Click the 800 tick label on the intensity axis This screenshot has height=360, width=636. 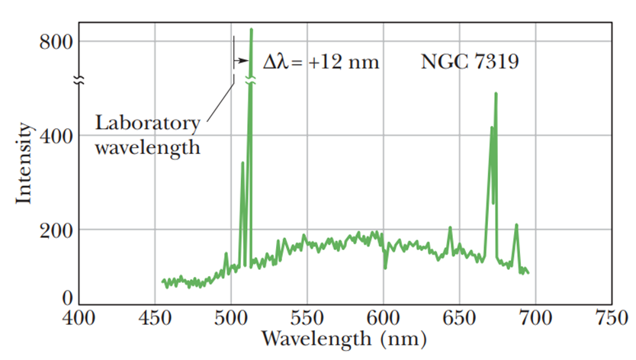pyautogui.click(x=56, y=41)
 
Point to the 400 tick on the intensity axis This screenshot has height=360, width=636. pyautogui.click(x=56, y=136)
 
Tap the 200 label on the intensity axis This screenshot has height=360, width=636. pyautogui.click(x=56, y=230)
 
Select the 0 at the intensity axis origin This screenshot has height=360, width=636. pyautogui.click(x=66, y=298)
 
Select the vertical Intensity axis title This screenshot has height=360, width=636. pyautogui.click(x=25, y=163)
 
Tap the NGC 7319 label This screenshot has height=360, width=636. pyautogui.click(x=469, y=62)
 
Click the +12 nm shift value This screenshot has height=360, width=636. pyautogui.click(x=344, y=62)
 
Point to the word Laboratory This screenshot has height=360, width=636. pyautogui.click(x=147, y=123)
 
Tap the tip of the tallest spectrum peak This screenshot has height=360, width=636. pyautogui.click(x=251, y=30)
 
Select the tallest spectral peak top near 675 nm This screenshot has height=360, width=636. pyautogui.click(x=496, y=94)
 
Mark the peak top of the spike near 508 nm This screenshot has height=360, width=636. pyautogui.click(x=243, y=162)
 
